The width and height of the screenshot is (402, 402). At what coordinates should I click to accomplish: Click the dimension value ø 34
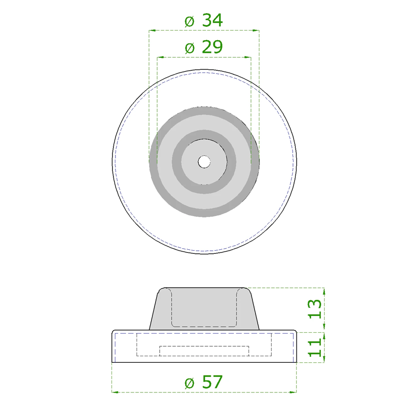[204, 21]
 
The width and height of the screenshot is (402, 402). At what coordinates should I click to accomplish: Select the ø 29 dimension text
[204, 48]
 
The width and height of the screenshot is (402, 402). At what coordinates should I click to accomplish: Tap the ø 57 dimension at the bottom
[204, 382]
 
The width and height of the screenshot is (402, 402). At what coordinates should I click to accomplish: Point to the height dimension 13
[314, 310]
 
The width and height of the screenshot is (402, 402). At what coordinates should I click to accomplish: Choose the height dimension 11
[314, 347]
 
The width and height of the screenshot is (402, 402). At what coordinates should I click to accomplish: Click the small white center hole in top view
[204, 162]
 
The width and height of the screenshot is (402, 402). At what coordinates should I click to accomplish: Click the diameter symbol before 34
[189, 21]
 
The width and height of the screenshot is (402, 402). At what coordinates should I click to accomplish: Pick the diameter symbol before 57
[189, 382]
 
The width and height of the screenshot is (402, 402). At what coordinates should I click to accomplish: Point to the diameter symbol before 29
[189, 48]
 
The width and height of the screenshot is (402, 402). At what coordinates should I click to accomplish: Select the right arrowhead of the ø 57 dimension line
[294, 392]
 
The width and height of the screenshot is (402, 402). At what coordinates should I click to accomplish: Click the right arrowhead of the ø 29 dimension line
[248, 57]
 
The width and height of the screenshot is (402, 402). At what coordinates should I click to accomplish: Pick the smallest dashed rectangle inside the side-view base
[204, 351]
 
